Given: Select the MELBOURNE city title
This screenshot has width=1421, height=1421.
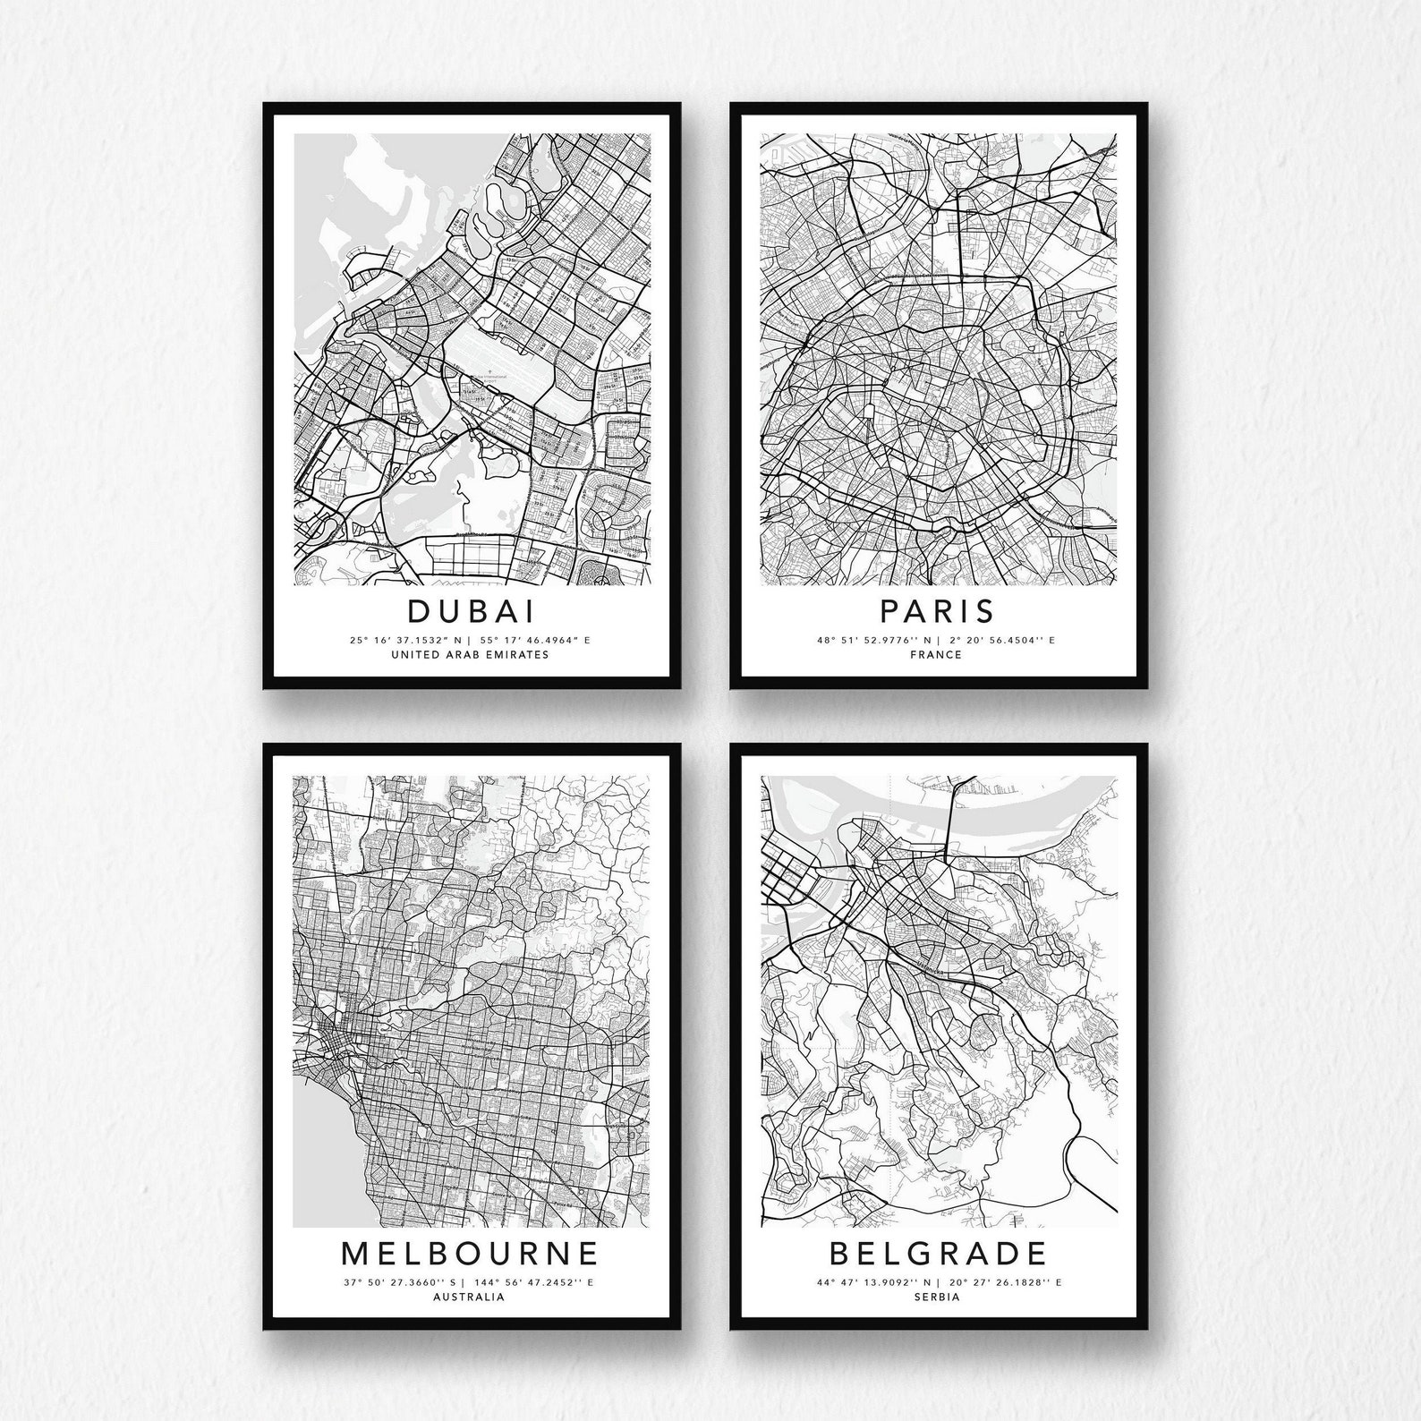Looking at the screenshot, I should point(470,1252).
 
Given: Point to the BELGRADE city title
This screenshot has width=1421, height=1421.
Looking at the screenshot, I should point(937,1252).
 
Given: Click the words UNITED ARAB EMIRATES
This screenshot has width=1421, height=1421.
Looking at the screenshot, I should point(470,654).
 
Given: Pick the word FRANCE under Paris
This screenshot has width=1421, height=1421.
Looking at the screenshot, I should point(937,654).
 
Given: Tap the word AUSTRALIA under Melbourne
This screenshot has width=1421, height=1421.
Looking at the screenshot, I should point(468,1296).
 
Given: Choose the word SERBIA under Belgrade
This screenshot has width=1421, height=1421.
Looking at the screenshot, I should point(937,1296).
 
